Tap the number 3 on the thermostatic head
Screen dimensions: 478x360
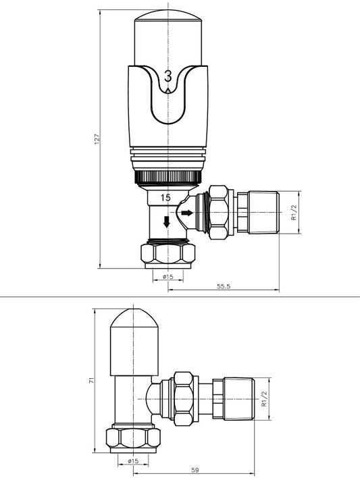tap(168, 76)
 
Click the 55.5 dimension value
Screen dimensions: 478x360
tap(224, 286)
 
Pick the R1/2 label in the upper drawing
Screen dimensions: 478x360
tap(294, 213)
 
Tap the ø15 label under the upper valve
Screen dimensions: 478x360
tap(168, 277)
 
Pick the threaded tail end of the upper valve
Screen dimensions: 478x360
tap(262, 212)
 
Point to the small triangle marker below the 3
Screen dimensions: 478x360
tap(168, 88)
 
